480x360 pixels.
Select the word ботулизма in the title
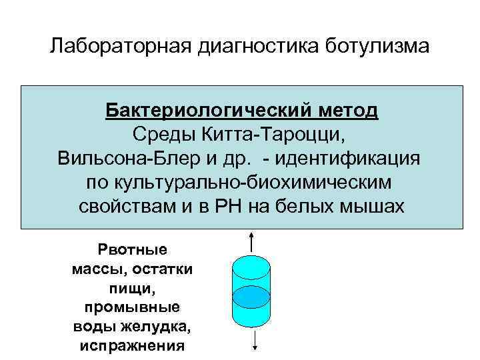tap(378, 47)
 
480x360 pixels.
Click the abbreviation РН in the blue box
tap(233, 206)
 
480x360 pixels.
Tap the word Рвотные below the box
tap(133, 250)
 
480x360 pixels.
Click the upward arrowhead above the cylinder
tap(252, 233)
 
